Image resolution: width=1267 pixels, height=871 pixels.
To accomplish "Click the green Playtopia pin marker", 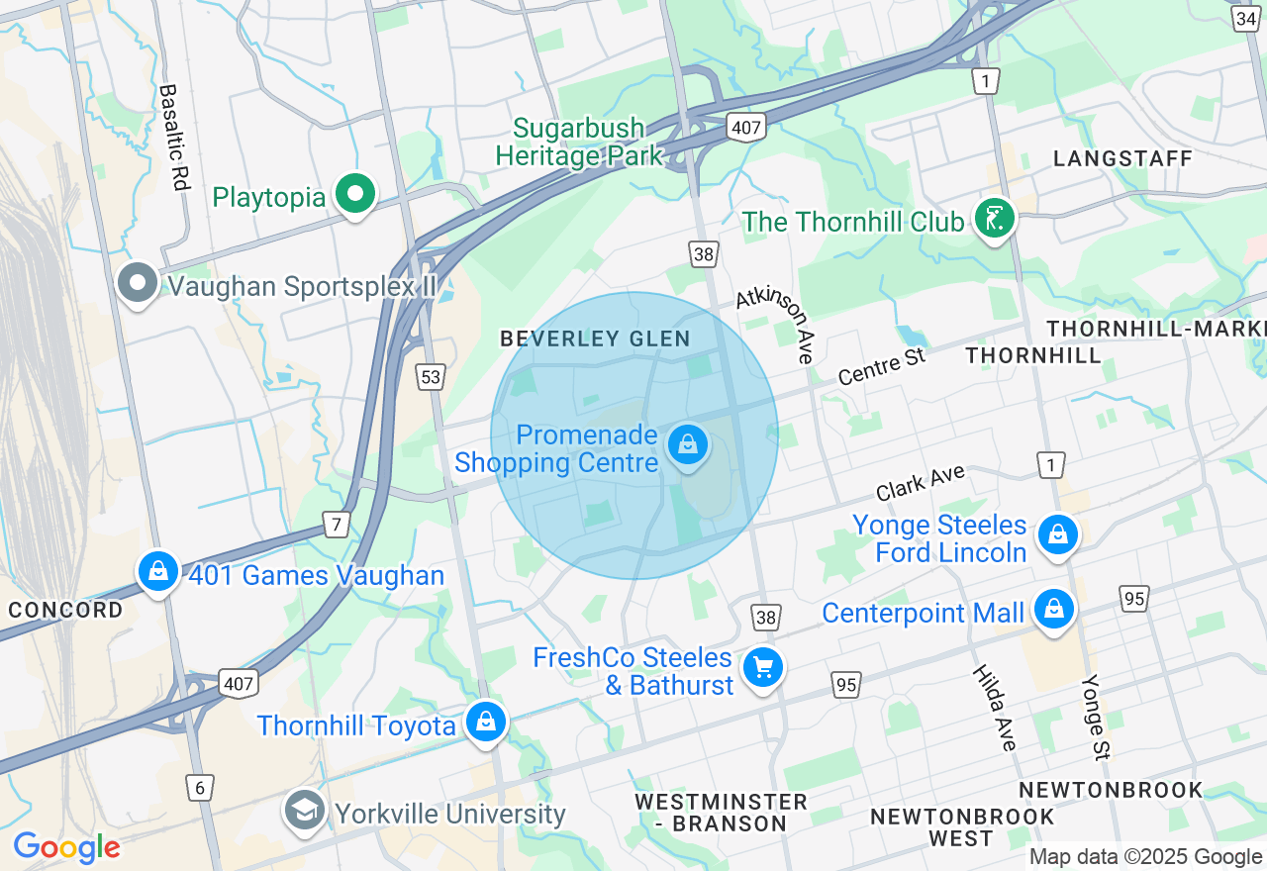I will tap(355, 195).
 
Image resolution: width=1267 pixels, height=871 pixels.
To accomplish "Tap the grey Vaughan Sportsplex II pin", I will tap(138, 285).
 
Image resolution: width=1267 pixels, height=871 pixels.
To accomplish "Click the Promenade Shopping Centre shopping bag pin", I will tap(688, 446).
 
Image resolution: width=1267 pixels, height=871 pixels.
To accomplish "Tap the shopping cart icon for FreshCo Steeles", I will tap(762, 668).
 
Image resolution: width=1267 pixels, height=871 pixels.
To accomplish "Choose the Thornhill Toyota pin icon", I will tap(486, 723).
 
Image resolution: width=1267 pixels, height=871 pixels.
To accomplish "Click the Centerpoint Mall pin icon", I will tap(1055, 611).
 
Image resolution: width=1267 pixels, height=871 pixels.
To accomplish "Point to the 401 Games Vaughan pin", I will tap(157, 572).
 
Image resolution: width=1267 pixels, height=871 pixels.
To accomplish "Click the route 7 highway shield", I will tap(338, 525).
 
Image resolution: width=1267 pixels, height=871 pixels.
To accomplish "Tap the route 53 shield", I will tap(431, 376).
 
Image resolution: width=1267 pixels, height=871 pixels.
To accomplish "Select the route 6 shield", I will tap(200, 788).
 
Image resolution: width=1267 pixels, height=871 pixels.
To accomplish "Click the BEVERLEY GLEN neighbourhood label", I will tap(595, 339).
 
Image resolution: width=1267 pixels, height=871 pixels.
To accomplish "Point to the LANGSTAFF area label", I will tap(1122, 158).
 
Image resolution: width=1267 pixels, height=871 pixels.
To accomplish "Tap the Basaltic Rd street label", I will tap(173, 137).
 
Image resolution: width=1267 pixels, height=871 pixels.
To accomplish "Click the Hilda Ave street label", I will tap(993, 707).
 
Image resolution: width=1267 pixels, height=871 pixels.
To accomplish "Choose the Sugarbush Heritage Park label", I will tap(579, 143).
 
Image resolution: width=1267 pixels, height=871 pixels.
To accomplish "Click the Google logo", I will tap(67, 847).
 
